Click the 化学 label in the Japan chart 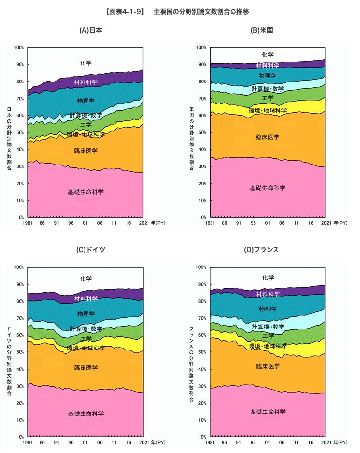click(x=86, y=63)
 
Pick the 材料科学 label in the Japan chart click(x=86, y=82)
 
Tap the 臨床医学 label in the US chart click(x=268, y=137)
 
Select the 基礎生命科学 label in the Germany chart click(x=86, y=414)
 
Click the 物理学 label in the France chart click(x=268, y=309)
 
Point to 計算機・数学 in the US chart click(x=268, y=89)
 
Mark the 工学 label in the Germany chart click(x=86, y=339)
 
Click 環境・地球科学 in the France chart click(x=268, y=346)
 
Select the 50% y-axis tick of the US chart click(x=201, y=132)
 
